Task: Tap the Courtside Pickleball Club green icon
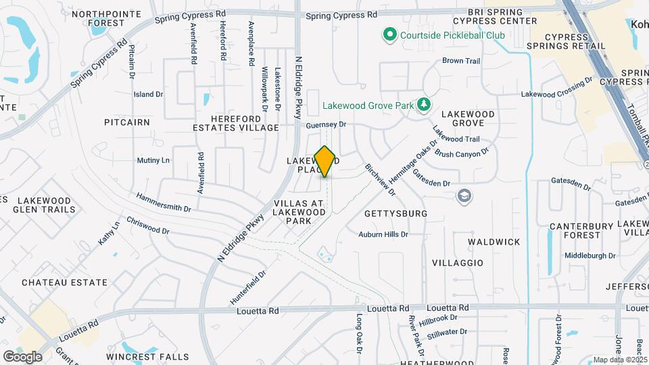click(389, 34)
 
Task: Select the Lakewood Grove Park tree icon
click(425, 105)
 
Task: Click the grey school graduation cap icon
click(464, 196)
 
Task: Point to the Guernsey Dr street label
click(325, 125)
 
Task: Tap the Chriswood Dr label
click(147, 226)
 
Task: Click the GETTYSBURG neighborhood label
click(395, 214)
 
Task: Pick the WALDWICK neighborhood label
click(495, 242)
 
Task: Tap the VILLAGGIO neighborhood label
click(458, 262)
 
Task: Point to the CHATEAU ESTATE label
click(64, 283)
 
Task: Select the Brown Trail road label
click(461, 61)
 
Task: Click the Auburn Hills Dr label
click(383, 235)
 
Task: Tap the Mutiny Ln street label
click(153, 160)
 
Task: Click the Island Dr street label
click(149, 95)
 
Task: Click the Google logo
click(22, 356)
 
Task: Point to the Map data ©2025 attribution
click(619, 360)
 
